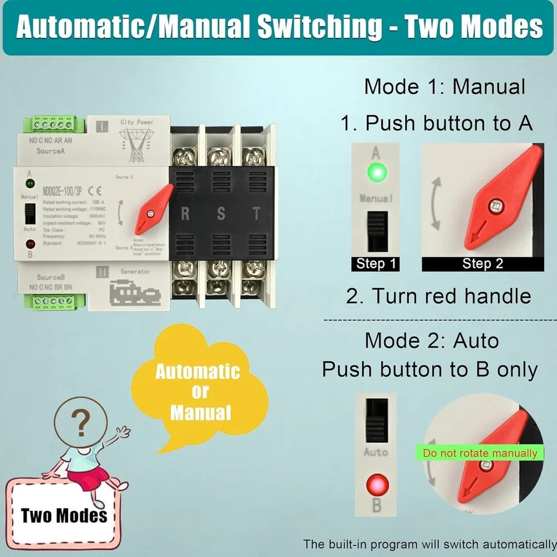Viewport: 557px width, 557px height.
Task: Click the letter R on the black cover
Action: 185,213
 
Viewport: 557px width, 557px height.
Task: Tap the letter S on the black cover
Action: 221,213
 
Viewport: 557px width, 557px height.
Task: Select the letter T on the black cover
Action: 256,213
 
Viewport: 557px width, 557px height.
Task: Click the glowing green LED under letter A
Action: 376,173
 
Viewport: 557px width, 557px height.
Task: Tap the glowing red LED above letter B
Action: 377,485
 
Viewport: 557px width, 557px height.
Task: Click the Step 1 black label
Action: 375,263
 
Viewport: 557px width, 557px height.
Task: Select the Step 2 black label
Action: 482,263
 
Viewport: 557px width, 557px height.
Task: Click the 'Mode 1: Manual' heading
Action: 444,87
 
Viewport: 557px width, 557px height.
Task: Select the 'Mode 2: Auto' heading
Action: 432,340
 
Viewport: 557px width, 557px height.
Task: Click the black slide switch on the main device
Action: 31,213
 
